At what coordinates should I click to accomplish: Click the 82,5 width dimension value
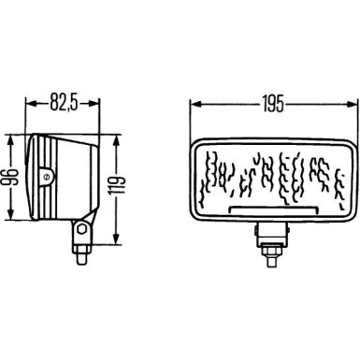(62, 97)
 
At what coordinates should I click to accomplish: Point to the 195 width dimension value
(275, 97)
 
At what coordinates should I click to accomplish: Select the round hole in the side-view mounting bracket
(83, 225)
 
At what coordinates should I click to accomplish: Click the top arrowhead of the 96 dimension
(10, 138)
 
